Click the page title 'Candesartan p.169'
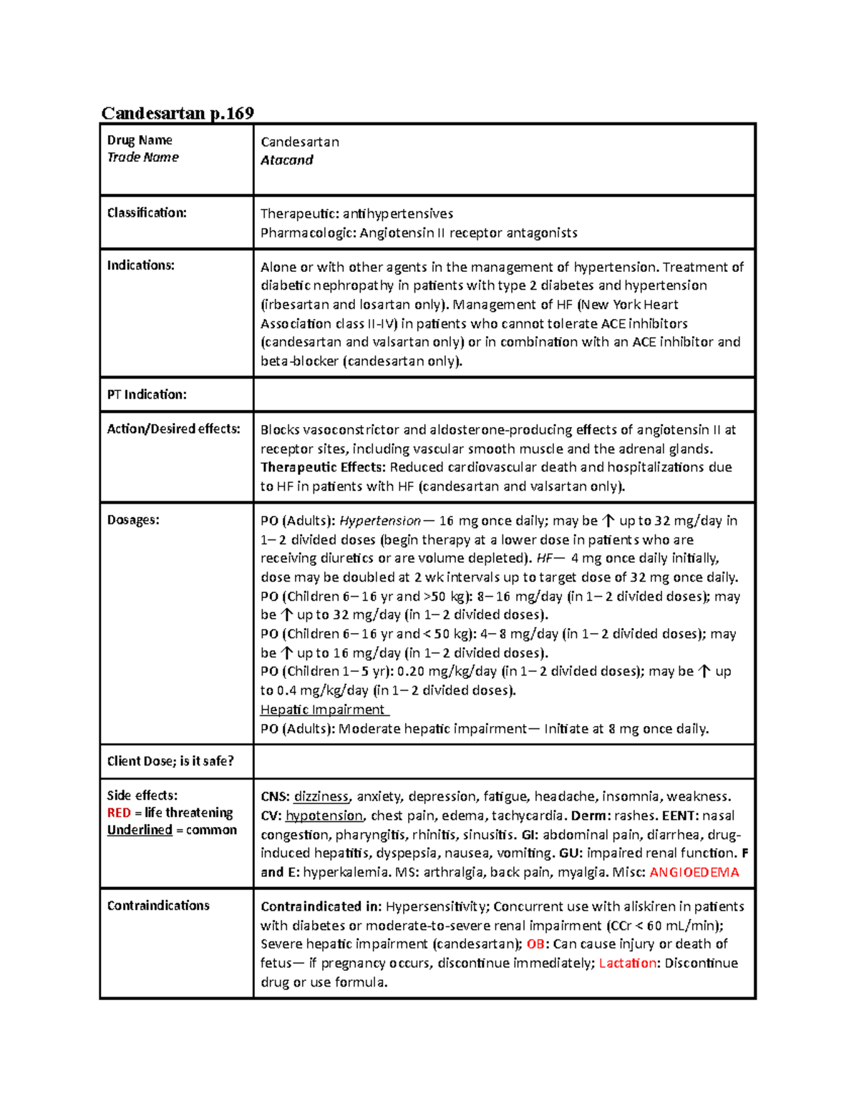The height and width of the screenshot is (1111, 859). [x=178, y=113]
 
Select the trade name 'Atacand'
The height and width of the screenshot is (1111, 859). [x=286, y=160]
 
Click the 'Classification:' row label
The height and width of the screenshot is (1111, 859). [x=147, y=212]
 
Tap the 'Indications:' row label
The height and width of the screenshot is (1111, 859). [x=141, y=265]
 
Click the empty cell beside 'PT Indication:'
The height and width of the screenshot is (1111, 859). [x=504, y=394]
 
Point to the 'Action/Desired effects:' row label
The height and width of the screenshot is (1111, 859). [x=174, y=429]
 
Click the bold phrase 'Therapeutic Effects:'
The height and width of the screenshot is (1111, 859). [x=323, y=467]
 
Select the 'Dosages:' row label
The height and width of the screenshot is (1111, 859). [x=133, y=520]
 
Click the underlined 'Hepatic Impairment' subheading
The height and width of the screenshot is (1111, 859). [x=323, y=710]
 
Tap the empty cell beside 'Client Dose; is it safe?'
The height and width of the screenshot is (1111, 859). [x=504, y=761]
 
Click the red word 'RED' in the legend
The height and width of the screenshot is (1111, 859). [x=119, y=813]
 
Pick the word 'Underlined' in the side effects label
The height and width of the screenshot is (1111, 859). [x=140, y=830]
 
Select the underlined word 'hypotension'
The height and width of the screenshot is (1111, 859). [x=324, y=816]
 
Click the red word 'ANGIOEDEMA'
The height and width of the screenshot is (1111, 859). [x=694, y=872]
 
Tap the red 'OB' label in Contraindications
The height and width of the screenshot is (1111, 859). [x=535, y=944]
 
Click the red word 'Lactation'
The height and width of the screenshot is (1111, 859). [x=628, y=963]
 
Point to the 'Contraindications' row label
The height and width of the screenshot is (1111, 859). [x=158, y=906]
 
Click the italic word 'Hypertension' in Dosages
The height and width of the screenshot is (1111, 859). [x=380, y=521]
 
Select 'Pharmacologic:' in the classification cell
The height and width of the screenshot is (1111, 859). [x=308, y=233]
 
